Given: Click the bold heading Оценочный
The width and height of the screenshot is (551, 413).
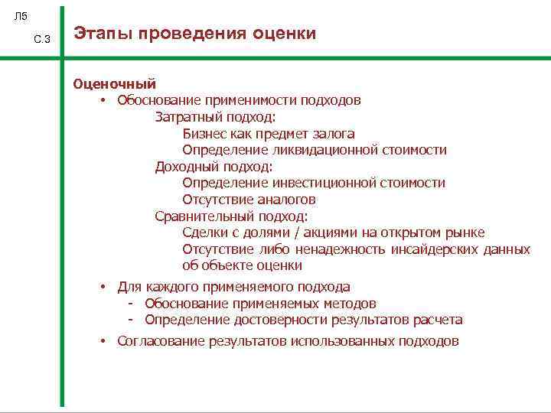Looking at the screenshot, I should click(114, 84).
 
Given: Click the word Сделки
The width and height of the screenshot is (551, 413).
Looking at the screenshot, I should click(205, 233).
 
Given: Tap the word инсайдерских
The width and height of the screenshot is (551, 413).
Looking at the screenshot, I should click(432, 249).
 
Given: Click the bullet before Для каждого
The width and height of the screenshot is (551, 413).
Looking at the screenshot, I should click(102, 287).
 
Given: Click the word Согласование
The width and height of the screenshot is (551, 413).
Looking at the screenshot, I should click(160, 341).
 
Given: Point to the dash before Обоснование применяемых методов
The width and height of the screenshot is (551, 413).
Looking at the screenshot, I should click(132, 304).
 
